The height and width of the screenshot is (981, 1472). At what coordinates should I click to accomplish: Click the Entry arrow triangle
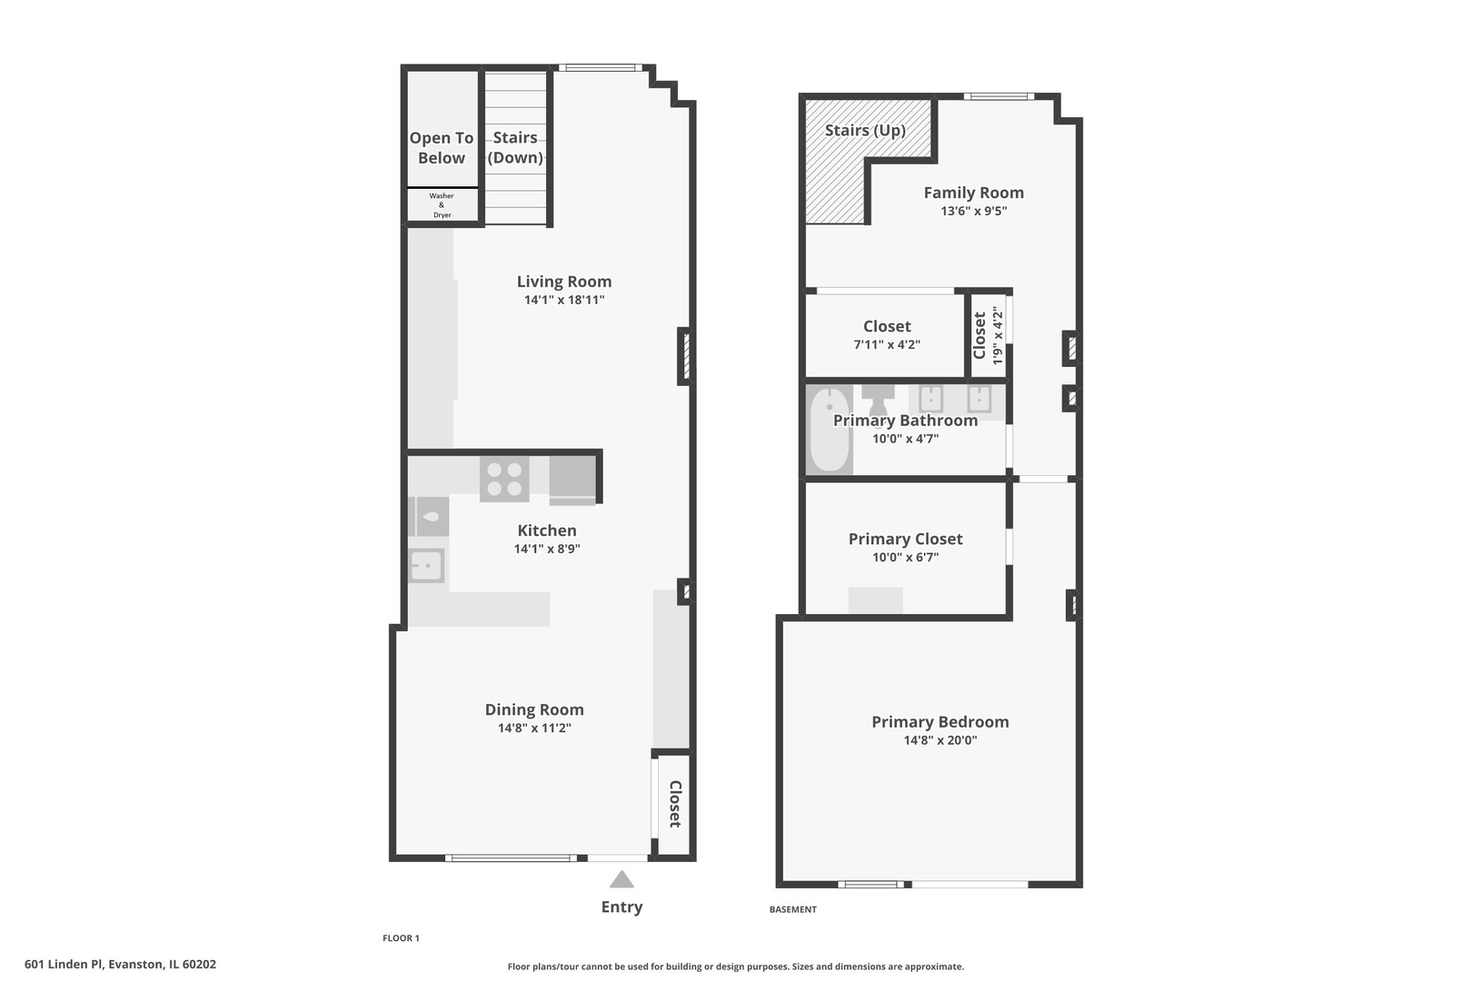click(x=622, y=879)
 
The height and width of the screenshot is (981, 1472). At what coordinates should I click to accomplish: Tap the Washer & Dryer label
click(x=442, y=205)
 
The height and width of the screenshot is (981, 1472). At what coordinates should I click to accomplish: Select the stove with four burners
click(x=504, y=479)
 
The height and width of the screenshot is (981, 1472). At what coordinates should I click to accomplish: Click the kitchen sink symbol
click(x=426, y=566)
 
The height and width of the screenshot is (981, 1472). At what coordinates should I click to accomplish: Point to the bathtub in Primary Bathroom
click(x=828, y=431)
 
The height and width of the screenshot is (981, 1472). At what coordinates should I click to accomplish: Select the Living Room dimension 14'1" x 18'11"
click(x=563, y=300)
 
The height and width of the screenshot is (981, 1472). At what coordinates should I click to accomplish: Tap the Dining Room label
click(x=534, y=709)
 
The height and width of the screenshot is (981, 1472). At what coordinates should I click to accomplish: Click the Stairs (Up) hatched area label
click(x=865, y=130)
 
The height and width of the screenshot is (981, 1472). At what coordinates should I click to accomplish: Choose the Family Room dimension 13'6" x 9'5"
click(x=973, y=211)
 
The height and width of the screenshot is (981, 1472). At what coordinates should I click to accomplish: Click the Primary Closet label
click(x=905, y=539)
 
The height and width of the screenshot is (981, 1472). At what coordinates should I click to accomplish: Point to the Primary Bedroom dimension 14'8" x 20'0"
click(x=940, y=740)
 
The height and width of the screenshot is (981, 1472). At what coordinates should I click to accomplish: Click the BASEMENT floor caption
click(x=792, y=909)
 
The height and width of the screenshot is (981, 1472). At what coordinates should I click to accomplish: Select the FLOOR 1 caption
click(x=401, y=938)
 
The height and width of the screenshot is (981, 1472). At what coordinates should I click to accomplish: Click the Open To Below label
click(x=442, y=147)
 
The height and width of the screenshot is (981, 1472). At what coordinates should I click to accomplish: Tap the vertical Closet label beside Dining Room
click(x=675, y=804)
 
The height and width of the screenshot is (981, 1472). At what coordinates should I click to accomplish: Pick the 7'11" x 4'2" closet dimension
click(x=887, y=344)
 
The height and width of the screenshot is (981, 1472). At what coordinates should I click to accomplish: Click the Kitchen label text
click(x=547, y=530)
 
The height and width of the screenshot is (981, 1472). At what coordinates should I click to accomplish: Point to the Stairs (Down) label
click(x=515, y=147)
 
